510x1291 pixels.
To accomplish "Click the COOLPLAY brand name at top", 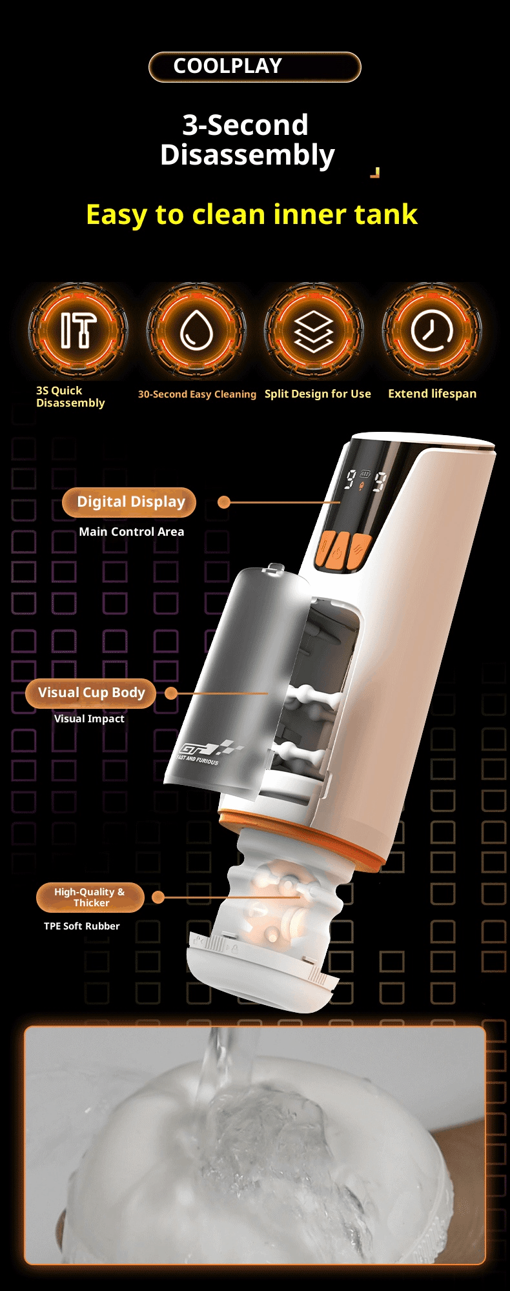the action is (227, 66).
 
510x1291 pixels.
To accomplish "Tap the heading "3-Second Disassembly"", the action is (247, 140).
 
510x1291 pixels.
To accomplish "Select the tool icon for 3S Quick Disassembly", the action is (78, 330).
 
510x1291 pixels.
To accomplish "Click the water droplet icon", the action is (196, 330).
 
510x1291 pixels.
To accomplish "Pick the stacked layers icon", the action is (314, 330).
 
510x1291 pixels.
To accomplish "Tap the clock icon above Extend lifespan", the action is (432, 330).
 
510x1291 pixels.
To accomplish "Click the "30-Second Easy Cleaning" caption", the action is (197, 394).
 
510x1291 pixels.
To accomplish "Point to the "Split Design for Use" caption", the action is (318, 394).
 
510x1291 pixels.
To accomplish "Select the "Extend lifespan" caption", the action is (433, 394).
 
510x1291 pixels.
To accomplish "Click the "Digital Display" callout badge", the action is (129, 502).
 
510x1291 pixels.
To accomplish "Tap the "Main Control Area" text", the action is (132, 532).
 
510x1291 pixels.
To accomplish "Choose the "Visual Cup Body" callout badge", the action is (90, 693).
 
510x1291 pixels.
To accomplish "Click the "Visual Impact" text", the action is (89, 718).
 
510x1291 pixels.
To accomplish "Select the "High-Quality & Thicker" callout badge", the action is (90, 897).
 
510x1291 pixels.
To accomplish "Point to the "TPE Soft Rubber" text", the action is (82, 926).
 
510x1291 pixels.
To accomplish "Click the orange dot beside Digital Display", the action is (224, 502).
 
